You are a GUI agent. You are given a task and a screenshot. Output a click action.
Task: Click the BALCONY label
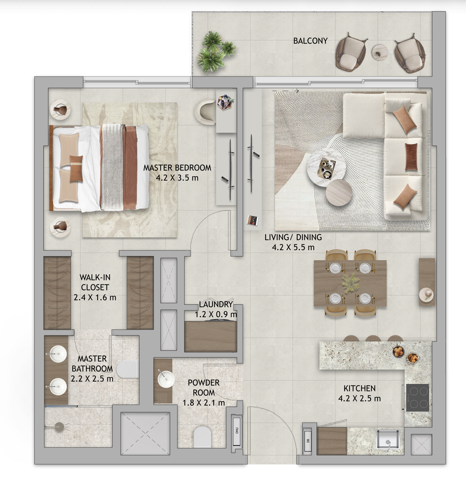pos(310,41)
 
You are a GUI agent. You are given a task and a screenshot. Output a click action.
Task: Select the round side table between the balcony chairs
pos(380,52)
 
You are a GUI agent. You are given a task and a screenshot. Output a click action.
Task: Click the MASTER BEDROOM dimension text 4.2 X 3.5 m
pos(177,178)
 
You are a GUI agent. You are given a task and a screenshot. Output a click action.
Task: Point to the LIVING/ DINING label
pos(293,237)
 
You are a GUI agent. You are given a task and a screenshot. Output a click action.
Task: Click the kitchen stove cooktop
pos(418,397)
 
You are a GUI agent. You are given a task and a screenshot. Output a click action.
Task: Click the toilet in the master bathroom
pos(127,369)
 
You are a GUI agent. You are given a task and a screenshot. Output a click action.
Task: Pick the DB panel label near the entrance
pos(308,441)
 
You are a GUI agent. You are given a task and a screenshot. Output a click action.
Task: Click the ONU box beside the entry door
pos(237,430)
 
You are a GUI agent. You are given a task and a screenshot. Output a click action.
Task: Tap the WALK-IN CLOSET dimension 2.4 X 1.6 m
pos(95,297)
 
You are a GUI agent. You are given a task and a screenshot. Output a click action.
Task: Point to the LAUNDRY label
pos(216,304)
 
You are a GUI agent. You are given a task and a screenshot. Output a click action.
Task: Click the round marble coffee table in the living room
pos(326,167)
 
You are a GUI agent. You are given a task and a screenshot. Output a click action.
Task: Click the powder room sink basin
pos(166,379)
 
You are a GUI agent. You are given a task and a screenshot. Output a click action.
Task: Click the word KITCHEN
pos(360,388)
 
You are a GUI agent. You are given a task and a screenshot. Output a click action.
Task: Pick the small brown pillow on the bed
pos(76,169)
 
